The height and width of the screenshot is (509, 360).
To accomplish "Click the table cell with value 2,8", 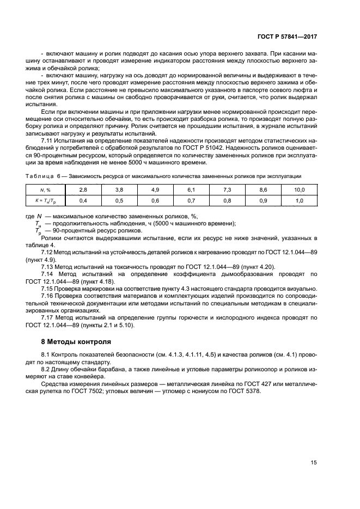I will tap(83, 189).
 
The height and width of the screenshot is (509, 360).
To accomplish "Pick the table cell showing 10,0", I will tap(299, 189).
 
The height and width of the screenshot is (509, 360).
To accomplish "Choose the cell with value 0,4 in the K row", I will tap(83, 200).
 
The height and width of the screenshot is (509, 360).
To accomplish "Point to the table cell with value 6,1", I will tap(191, 189).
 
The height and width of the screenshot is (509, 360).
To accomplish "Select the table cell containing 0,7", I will tap(191, 200).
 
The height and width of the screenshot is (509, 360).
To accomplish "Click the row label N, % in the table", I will tap(45, 189).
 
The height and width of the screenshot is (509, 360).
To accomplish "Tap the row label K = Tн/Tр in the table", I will tap(45, 201).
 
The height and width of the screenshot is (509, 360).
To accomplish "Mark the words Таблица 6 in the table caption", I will tap(44, 176).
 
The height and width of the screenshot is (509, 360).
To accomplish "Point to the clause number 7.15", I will tap(48, 288).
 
